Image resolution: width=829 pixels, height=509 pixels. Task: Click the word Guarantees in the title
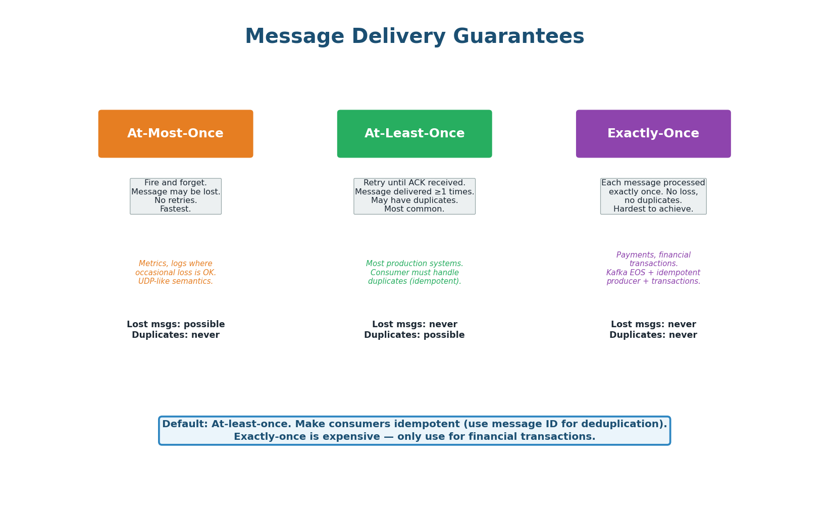point(518,37)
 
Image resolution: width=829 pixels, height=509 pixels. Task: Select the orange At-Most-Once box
point(176,134)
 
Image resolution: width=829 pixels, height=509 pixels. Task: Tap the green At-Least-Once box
point(414,134)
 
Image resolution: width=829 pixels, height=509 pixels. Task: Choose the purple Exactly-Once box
point(653,134)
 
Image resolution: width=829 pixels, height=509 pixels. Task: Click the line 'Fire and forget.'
point(176,183)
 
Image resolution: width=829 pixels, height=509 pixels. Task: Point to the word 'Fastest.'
point(176,209)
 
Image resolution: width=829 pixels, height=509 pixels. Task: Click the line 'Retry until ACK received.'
point(414,183)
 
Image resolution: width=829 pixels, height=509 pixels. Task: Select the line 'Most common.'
point(414,209)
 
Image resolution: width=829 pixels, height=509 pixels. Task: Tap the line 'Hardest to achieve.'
point(653,209)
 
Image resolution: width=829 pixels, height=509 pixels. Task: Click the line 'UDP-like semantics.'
point(176,281)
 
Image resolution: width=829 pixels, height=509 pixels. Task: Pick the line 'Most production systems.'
point(414,264)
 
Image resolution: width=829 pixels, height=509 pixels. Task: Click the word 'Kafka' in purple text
point(617,273)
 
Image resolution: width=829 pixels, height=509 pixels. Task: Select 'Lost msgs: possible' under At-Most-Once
point(176,325)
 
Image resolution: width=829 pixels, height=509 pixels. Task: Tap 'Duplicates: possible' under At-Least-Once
point(414,335)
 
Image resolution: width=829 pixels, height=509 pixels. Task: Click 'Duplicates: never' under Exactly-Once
point(653,335)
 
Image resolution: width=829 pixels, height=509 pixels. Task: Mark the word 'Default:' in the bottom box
point(185,425)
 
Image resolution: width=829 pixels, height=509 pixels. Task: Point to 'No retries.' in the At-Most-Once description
point(176,200)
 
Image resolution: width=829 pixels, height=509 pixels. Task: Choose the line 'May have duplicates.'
point(414,200)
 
